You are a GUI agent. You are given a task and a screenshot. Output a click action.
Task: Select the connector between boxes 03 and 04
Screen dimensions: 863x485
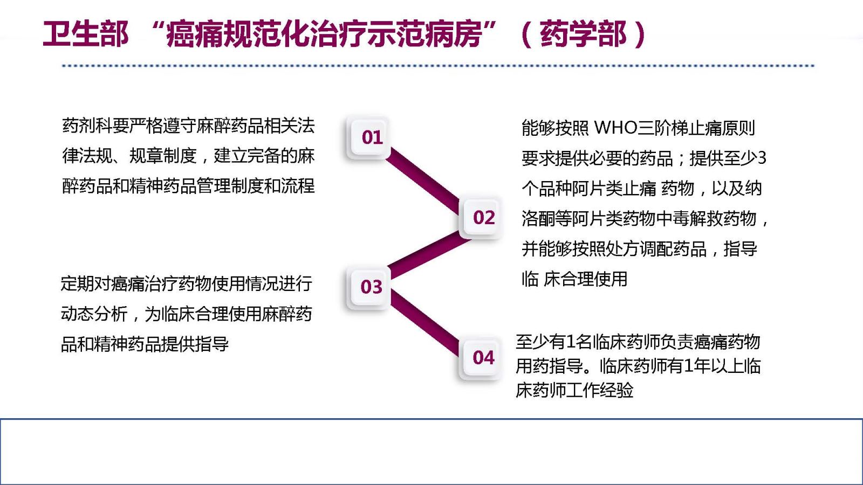424,323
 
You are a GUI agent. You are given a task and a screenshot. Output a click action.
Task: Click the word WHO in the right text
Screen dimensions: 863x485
615,128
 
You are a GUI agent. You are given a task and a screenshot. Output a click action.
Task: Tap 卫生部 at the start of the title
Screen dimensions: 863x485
86,34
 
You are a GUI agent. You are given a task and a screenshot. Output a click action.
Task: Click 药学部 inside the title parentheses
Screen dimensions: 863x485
583,34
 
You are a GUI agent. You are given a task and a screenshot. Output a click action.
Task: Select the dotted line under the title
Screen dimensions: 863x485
439,66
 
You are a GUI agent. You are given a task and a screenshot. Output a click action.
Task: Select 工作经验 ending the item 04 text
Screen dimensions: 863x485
600,390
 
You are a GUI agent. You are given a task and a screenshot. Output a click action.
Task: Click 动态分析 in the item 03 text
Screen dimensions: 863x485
94,314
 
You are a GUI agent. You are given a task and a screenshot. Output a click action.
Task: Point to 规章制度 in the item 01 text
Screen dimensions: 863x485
163,156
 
